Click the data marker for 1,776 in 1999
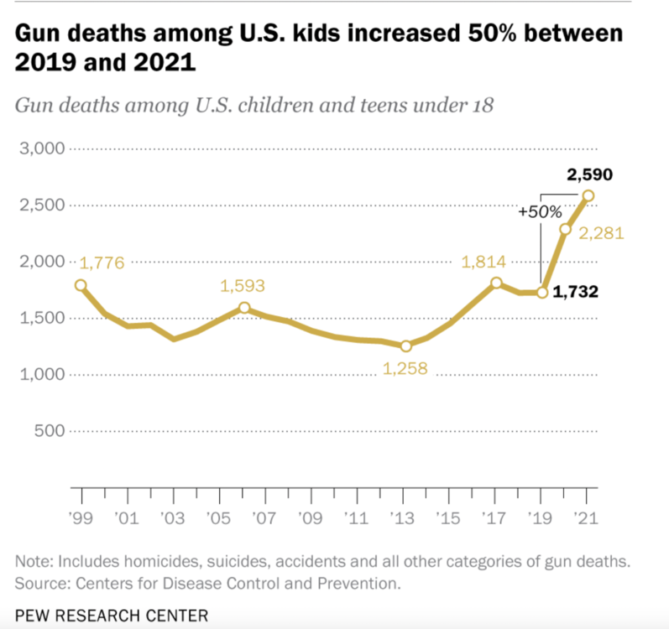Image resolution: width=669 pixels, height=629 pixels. (x=81, y=285)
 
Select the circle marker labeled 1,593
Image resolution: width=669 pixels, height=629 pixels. (x=244, y=308)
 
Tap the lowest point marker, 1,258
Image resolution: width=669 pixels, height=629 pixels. (x=406, y=346)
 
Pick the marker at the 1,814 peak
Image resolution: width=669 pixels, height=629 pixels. (x=496, y=283)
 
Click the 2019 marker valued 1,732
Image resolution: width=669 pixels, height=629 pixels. (x=542, y=293)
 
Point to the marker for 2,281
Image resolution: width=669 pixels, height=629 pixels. (x=566, y=229)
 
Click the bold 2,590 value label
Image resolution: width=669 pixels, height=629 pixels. (x=589, y=175)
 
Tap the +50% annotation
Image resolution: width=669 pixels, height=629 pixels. (x=540, y=212)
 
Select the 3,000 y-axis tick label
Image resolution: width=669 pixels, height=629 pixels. (x=41, y=149)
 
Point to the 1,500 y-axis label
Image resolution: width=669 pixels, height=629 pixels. (x=41, y=319)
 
